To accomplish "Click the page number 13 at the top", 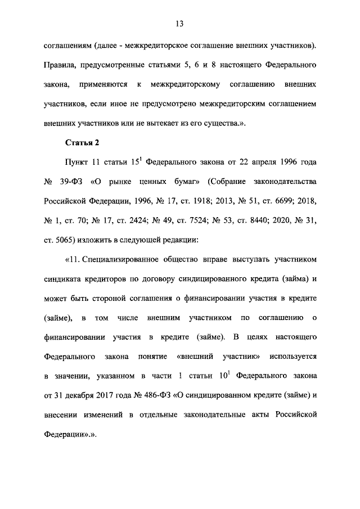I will tap(180, 24).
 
